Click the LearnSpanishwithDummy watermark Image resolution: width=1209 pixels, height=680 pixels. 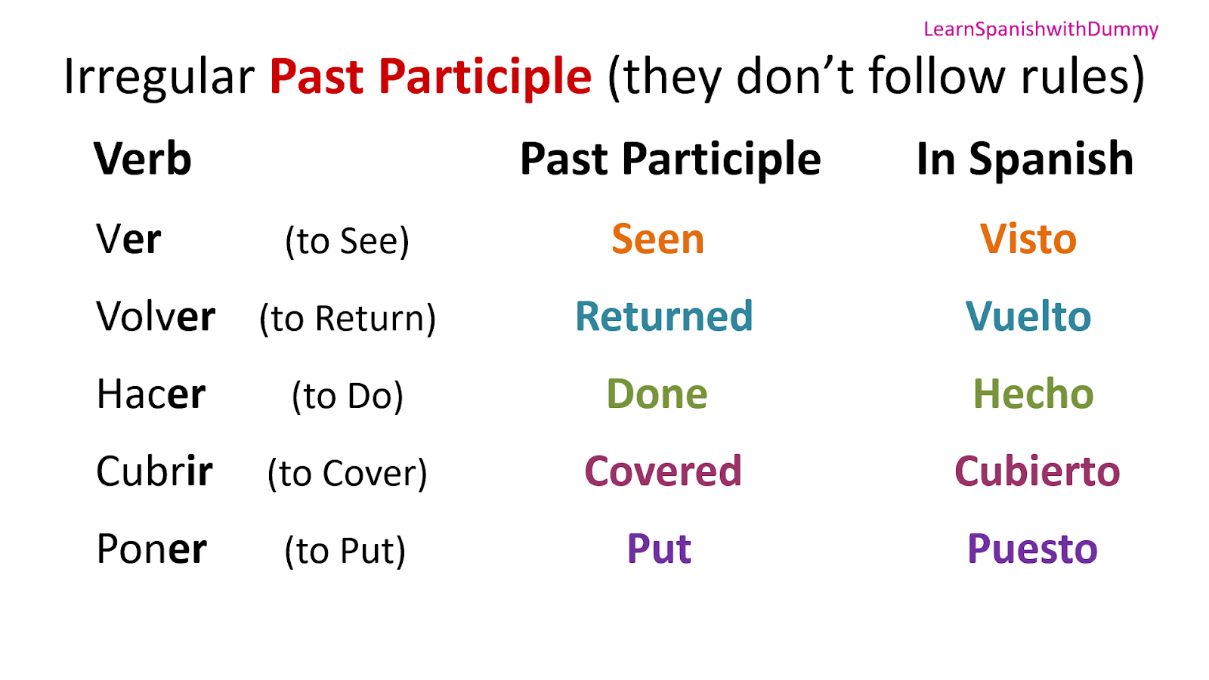[x=1040, y=29]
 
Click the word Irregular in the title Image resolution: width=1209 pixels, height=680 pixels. [x=159, y=77]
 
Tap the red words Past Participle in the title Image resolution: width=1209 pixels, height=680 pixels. [x=430, y=77]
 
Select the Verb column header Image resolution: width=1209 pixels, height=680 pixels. [x=142, y=159]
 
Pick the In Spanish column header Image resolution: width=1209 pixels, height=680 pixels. [x=1025, y=159]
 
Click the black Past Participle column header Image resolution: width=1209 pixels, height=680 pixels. [x=670, y=159]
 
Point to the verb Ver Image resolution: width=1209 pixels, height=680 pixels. [x=128, y=240]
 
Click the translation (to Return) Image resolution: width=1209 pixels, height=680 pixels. [x=348, y=318]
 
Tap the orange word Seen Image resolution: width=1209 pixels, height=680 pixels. [x=657, y=240]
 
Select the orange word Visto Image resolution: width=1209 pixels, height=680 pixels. [x=1028, y=240]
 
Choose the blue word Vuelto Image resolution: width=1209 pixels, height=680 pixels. [x=1028, y=317]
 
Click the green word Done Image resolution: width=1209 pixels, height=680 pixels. [x=657, y=394]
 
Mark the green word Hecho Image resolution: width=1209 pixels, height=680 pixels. [x=1033, y=394]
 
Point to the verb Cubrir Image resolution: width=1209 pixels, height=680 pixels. [x=154, y=472]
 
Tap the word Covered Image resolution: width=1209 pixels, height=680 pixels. [x=663, y=471]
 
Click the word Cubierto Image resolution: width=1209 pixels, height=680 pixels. [x=1037, y=471]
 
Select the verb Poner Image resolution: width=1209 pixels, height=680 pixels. [x=151, y=549]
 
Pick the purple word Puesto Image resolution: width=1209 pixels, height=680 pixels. [x=1032, y=549]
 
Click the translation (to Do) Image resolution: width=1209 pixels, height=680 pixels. [x=348, y=396]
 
